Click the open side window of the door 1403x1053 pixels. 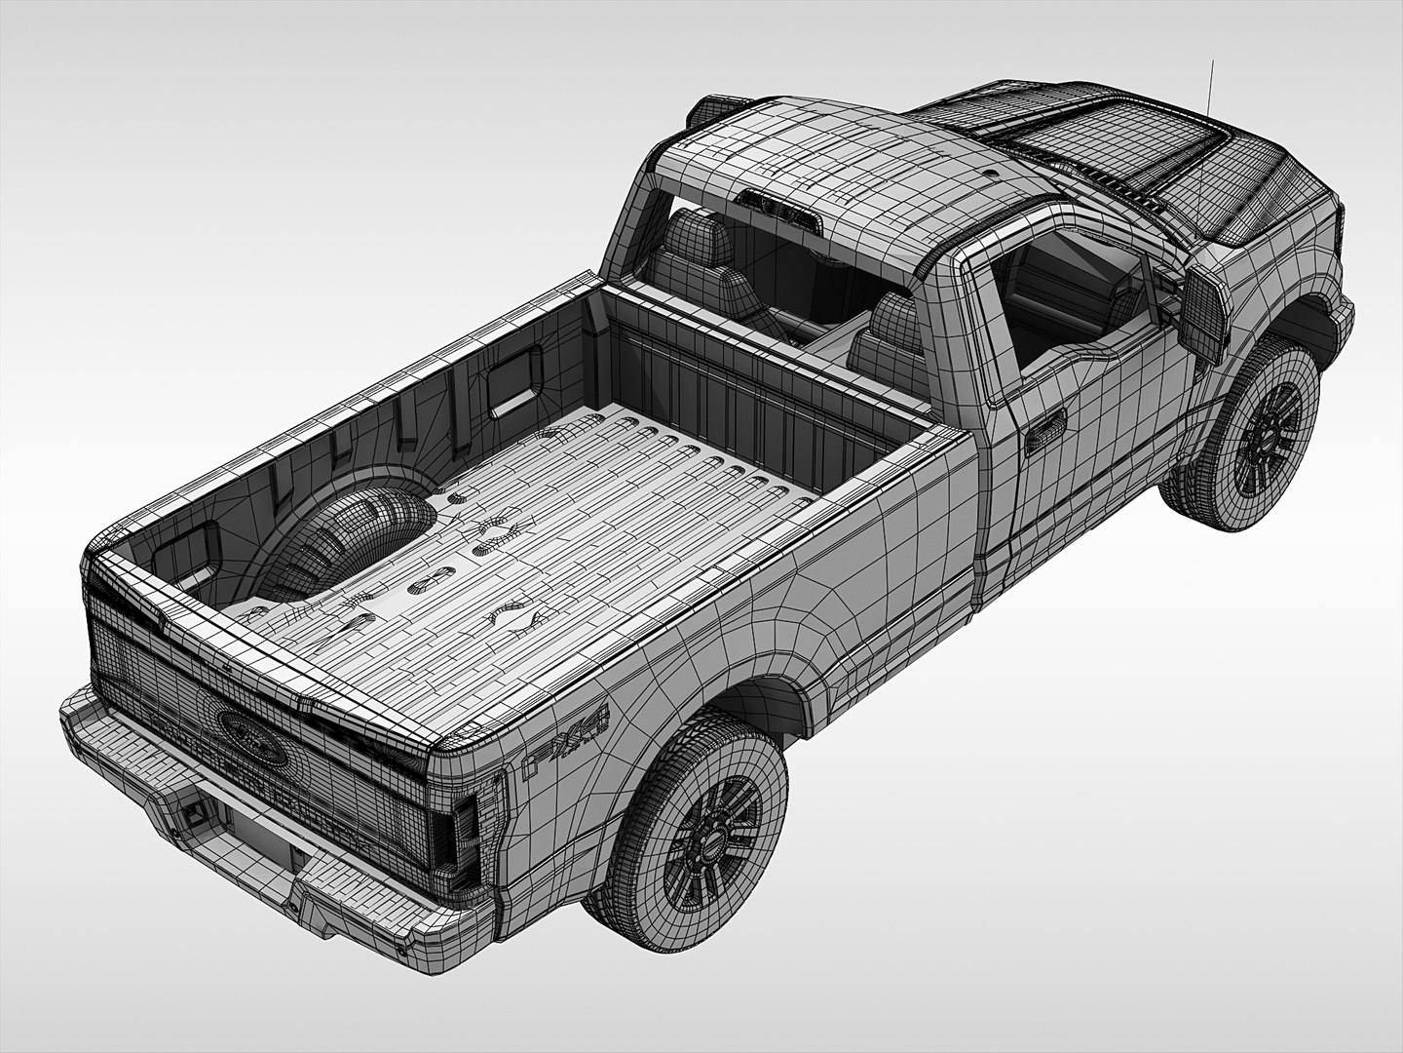point(1062,292)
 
